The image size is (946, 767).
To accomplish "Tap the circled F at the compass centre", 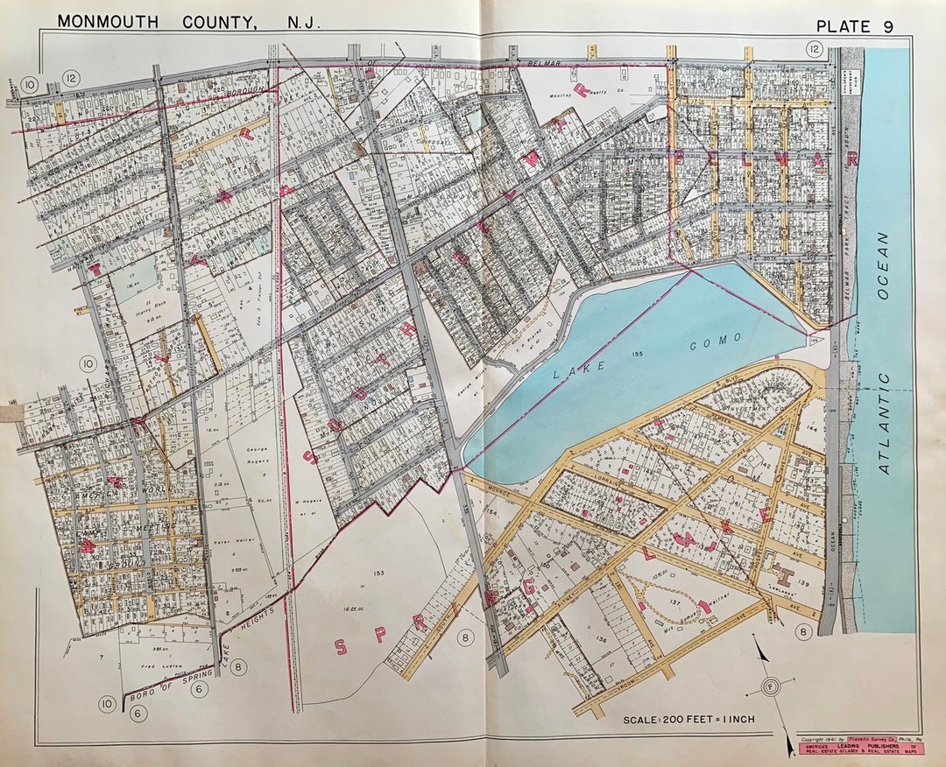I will coord(770,686).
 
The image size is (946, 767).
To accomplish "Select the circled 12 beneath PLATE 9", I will coord(815,50).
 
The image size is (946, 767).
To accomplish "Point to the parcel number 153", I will coord(378,574).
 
